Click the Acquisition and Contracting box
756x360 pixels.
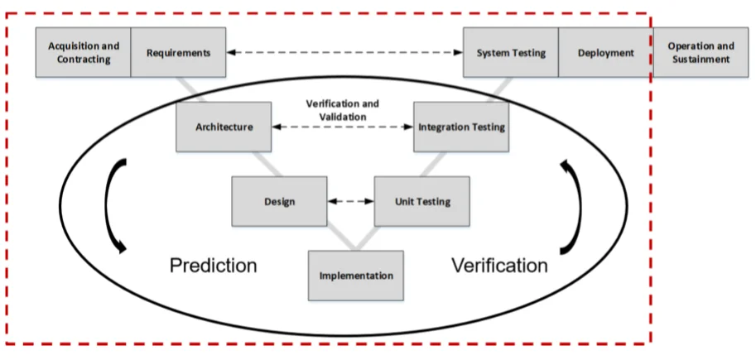pos(83,52)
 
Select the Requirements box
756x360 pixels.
pos(178,52)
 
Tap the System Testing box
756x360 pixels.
pos(511,52)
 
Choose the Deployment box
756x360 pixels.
pos(605,52)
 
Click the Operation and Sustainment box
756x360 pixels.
pos(700,52)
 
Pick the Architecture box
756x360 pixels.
pos(224,127)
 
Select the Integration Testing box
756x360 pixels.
pos(461,127)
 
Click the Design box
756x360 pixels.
pos(279,200)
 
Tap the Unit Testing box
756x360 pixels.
pos(422,200)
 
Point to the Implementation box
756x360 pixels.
pos(356,275)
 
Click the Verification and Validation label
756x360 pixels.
pos(343,109)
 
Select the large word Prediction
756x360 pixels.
pos(213,266)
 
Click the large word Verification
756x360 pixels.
pos(499,266)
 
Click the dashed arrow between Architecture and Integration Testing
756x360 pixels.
pos(343,127)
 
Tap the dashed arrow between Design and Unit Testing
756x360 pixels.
pos(350,200)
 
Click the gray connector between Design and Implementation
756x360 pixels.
pos(340,238)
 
